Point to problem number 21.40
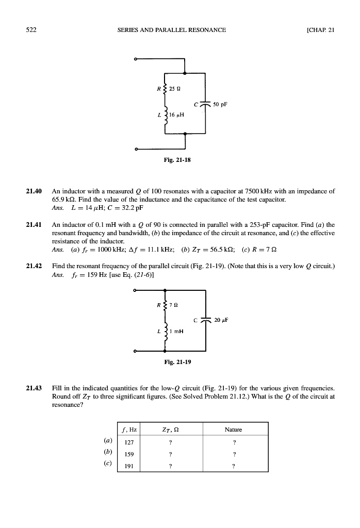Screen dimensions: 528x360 pos(35,191)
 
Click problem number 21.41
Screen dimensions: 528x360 pos(35,225)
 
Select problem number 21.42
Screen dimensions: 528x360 pos(35,266)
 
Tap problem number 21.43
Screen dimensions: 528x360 pos(35,387)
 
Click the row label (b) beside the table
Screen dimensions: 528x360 pos(108,453)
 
